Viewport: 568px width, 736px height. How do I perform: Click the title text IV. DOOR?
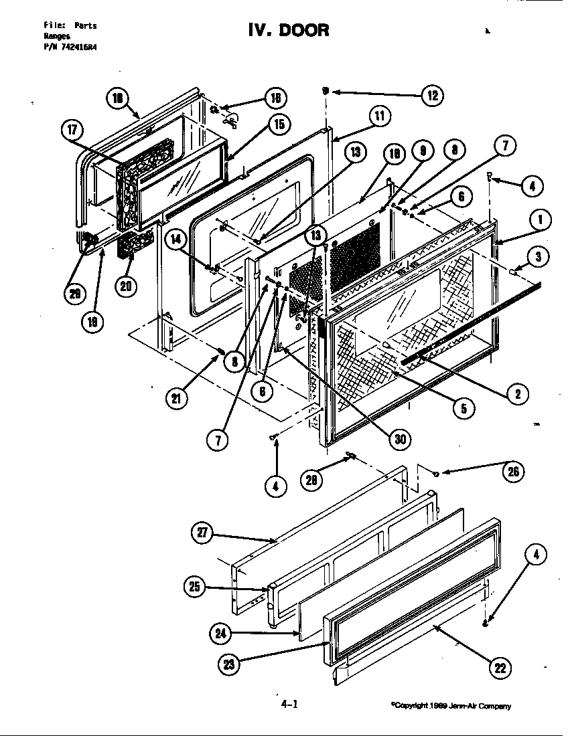pyautogui.click(x=289, y=30)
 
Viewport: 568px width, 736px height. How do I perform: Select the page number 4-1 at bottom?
pyautogui.click(x=289, y=704)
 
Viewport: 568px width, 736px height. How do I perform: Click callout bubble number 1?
pyautogui.click(x=541, y=219)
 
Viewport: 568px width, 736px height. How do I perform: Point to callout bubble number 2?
pyautogui.click(x=517, y=393)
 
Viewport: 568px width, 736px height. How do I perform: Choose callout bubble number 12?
pyautogui.click(x=432, y=96)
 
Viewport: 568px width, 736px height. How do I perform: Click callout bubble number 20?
pyautogui.click(x=125, y=286)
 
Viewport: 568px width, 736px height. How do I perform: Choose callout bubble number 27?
pyautogui.click(x=202, y=533)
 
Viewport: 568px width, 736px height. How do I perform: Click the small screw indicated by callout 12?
pyautogui.click(x=326, y=91)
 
